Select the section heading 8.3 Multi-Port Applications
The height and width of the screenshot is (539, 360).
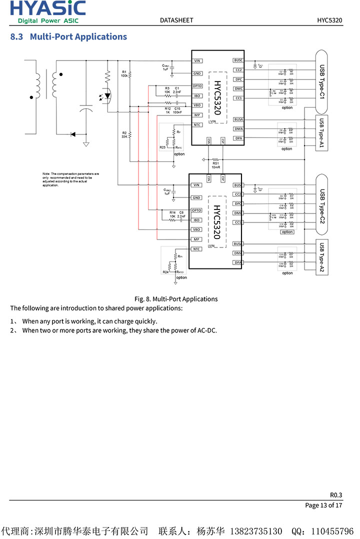point(68,36)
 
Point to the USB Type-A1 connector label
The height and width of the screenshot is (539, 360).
point(322,132)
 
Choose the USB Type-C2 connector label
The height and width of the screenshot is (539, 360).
point(322,205)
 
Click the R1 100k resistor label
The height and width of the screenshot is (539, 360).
point(124,74)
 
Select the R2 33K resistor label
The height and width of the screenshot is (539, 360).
point(124,134)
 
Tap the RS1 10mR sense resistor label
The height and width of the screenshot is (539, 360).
point(216,165)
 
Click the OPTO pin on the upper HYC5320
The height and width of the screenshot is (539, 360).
point(197,86)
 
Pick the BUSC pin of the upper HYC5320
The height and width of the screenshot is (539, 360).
point(238,60)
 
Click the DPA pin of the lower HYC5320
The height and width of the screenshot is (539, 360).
point(238,262)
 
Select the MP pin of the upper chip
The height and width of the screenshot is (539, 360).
point(197,115)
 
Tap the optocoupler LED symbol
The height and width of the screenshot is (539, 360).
point(107,95)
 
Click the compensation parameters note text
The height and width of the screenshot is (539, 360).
point(70,179)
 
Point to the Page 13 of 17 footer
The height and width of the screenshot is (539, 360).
point(324,505)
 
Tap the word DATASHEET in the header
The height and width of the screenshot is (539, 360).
point(176,20)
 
